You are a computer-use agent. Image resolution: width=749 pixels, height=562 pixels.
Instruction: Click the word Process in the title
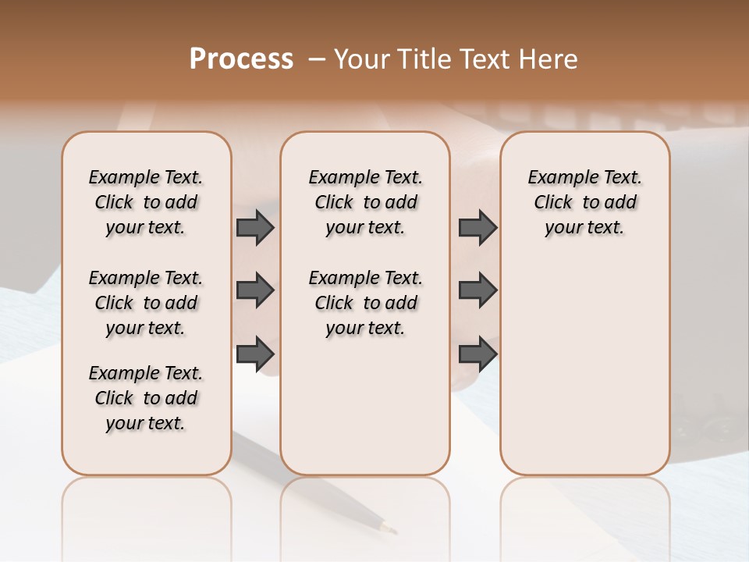click(x=241, y=59)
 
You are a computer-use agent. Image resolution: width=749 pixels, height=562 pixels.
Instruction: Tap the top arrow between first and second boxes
click(x=255, y=228)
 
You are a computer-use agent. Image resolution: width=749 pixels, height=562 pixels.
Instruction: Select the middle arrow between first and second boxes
click(x=255, y=291)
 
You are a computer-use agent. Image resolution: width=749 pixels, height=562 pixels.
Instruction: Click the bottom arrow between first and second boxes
click(x=255, y=354)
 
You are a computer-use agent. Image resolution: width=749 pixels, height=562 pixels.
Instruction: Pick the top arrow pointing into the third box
click(x=477, y=228)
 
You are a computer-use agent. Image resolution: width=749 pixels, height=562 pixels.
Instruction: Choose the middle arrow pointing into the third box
click(x=477, y=291)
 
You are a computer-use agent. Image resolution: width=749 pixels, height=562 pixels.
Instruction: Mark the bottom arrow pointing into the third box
click(x=477, y=354)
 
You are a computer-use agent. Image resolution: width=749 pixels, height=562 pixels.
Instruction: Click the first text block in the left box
click(x=146, y=202)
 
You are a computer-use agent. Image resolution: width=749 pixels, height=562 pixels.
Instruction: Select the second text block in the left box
click(x=146, y=303)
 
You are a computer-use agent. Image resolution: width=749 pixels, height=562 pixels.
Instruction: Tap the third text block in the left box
click(x=146, y=398)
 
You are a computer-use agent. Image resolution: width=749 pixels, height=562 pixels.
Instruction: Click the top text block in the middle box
click(x=365, y=202)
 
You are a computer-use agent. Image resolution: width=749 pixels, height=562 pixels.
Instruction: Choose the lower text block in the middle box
click(x=365, y=303)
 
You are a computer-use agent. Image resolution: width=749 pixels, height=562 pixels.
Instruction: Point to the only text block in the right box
click(x=584, y=202)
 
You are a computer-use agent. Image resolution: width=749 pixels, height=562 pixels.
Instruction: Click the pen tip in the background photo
click(x=387, y=528)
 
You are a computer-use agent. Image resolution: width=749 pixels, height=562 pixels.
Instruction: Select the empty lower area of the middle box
click(x=365, y=406)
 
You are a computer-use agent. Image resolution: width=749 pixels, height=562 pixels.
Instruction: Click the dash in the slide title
click(x=315, y=59)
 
